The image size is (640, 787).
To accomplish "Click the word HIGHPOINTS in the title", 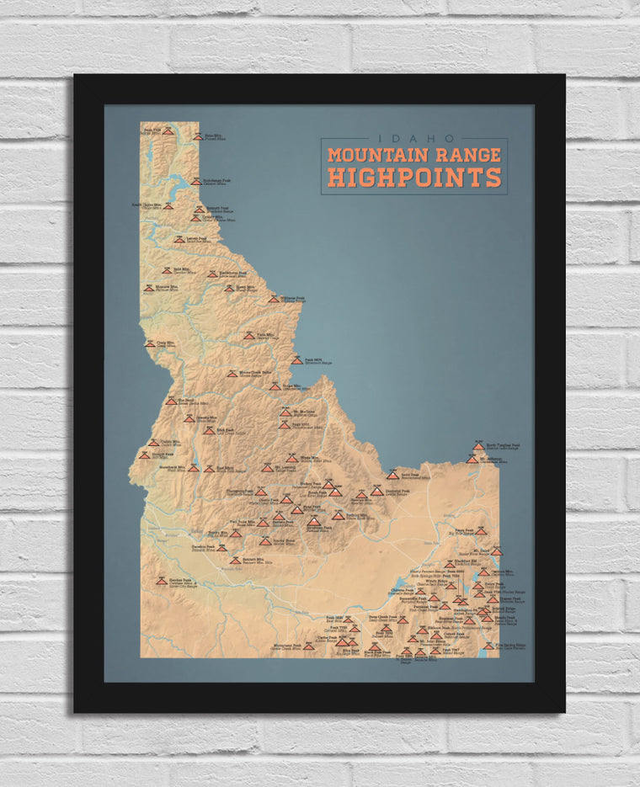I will tap(414, 177).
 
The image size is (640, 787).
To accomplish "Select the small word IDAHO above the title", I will tap(415, 139).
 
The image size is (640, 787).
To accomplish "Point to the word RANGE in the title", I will tap(478, 155).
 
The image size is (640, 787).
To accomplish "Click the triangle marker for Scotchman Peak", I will tap(195, 181).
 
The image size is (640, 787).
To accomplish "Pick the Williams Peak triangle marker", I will tap(274, 299).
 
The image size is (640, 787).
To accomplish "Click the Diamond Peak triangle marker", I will tap(376, 491).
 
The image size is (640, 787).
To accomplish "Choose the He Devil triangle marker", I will tap(171, 401).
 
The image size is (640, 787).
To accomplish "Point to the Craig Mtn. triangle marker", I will tap(150, 343).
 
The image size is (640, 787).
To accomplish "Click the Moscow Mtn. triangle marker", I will tap(148, 288).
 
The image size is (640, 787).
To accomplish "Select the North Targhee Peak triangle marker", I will tap(478, 446).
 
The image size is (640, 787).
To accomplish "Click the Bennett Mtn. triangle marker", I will tap(235, 560).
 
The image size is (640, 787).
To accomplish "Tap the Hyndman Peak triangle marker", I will tap(312, 521).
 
